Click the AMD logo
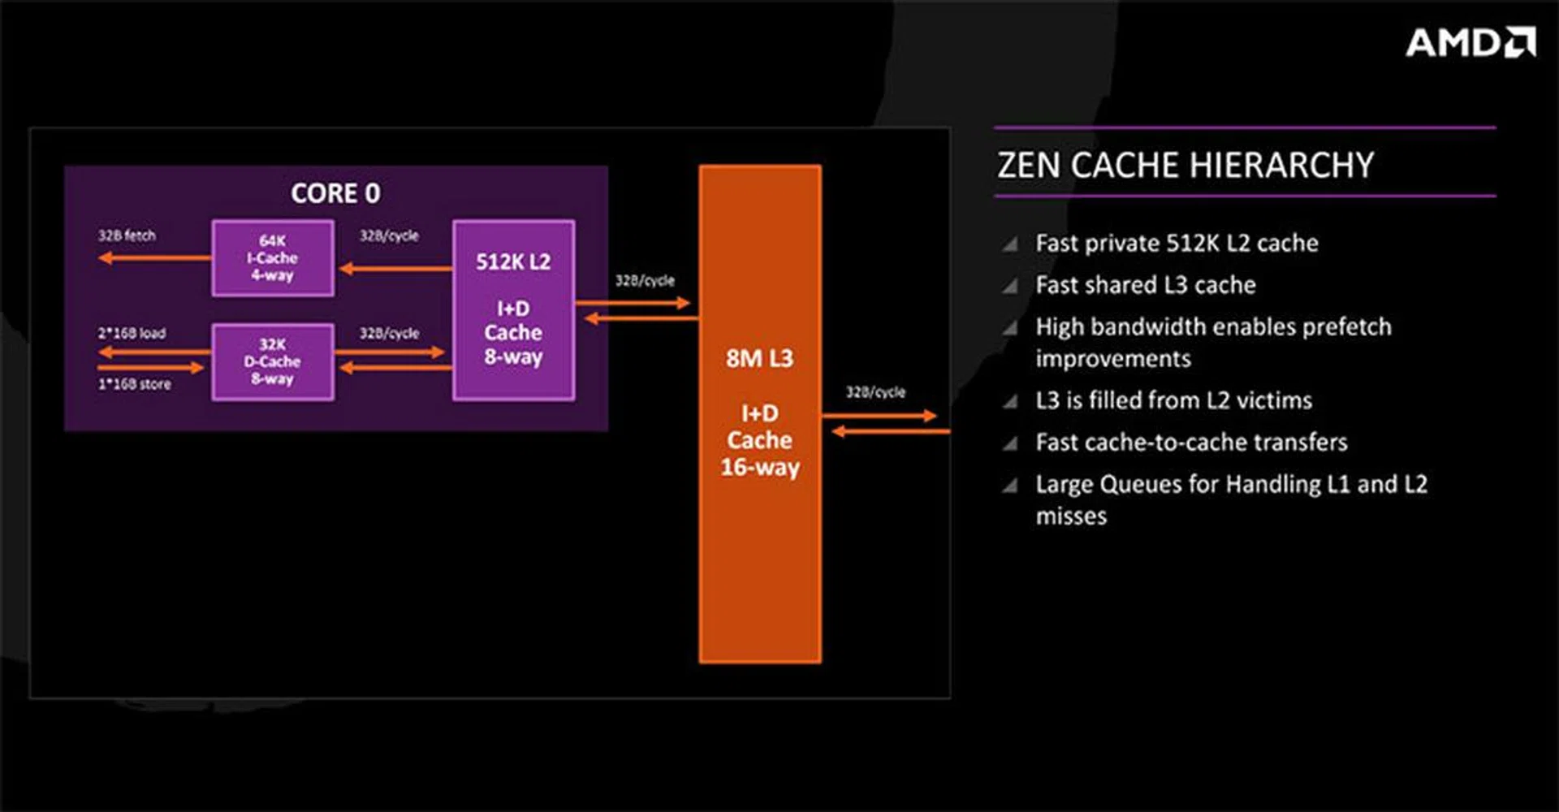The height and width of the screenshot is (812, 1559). coord(1470,42)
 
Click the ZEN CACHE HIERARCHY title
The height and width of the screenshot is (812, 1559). coord(1185,165)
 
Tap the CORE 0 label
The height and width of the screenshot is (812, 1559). coord(335,193)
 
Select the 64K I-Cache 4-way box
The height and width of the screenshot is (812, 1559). coord(273,258)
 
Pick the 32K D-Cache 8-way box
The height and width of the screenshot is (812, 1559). coord(273,362)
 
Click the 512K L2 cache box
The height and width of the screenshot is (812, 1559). coord(513,310)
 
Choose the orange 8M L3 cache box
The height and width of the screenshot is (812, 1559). coord(760,414)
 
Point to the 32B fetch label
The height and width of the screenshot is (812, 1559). coord(127,235)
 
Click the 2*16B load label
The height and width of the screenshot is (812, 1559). coord(132,333)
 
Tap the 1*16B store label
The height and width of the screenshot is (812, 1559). coord(135,384)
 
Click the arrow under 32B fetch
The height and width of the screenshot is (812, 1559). coord(154,258)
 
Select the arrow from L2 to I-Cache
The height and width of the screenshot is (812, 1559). coord(395,268)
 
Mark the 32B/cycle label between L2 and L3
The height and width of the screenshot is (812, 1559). coord(645,280)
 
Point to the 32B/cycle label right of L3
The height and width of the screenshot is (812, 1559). coord(875,391)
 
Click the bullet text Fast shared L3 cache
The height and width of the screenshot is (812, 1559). coord(1145,285)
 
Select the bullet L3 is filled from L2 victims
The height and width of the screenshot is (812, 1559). coord(1173,400)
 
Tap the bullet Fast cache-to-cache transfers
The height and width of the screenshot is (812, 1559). coord(1191,443)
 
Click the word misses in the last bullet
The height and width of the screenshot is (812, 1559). coord(1071,516)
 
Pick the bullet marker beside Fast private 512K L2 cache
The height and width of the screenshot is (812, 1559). coord(1010,244)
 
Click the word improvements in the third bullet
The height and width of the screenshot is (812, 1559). coord(1113,359)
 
